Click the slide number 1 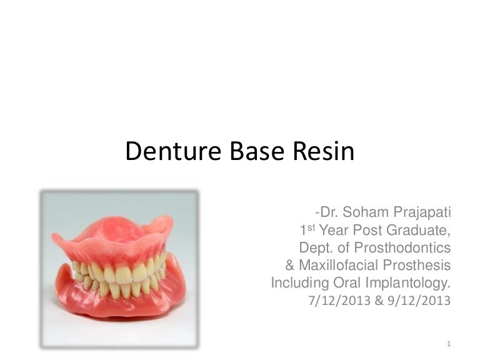point(449,343)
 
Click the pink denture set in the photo point(119,269)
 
